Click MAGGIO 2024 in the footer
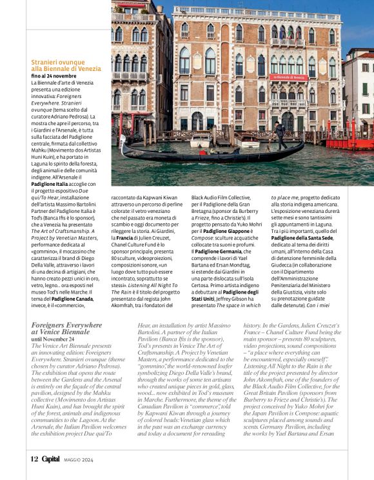point(79,460)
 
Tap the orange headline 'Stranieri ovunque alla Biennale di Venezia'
point(66,65)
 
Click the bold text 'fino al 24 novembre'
point(53,76)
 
